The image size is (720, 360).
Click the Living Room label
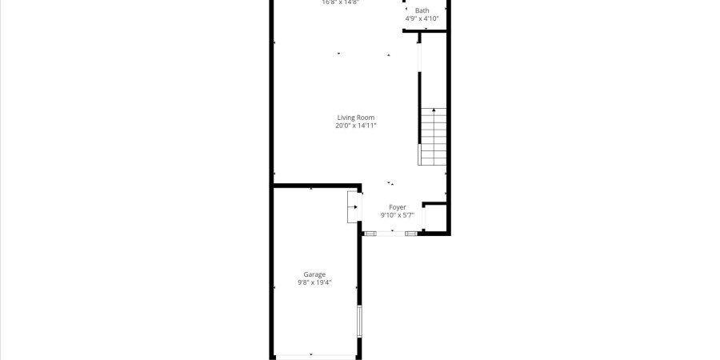point(355,118)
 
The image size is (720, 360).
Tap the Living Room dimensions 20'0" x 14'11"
point(355,126)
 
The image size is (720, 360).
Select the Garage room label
point(314,274)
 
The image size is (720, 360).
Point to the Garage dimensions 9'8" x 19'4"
point(314,282)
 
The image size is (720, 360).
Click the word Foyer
point(398,207)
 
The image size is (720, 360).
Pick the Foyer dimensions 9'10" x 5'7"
point(398,215)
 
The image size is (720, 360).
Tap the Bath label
point(422,10)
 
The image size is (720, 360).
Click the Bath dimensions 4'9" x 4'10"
point(422,18)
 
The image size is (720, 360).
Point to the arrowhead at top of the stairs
point(434,110)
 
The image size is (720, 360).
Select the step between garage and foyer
point(353,208)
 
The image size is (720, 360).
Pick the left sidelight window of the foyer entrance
point(370,233)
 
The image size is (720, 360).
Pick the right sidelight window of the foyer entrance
point(411,233)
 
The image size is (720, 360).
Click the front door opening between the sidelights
point(391,233)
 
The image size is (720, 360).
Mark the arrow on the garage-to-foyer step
point(354,208)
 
